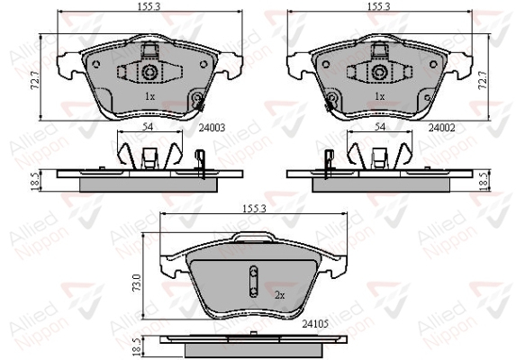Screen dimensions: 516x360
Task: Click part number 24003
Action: coord(212,127)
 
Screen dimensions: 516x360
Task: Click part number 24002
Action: coord(441,127)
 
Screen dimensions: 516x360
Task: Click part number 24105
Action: coord(315,324)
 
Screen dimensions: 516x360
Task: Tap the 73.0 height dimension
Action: coord(137,283)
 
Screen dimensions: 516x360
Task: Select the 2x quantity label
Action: coord(279,295)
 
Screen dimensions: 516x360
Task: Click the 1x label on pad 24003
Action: coord(149,96)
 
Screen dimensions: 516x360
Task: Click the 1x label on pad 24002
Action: coord(380,96)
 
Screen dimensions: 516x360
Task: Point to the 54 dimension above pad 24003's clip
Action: coord(148,127)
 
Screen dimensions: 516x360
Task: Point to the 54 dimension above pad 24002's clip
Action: coord(380,127)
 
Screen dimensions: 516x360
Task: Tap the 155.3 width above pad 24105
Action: coord(254,209)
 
